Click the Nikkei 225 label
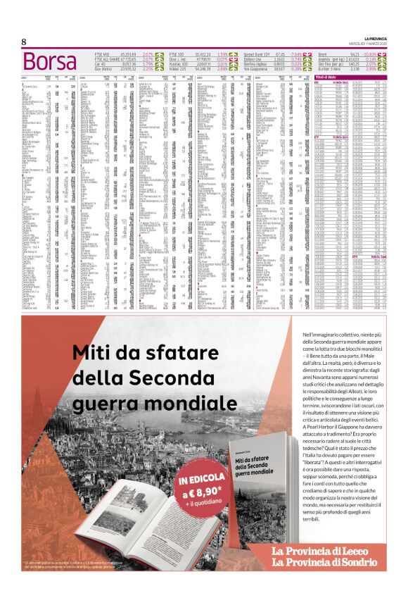tap(179, 69)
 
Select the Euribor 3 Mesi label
tap(329, 69)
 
